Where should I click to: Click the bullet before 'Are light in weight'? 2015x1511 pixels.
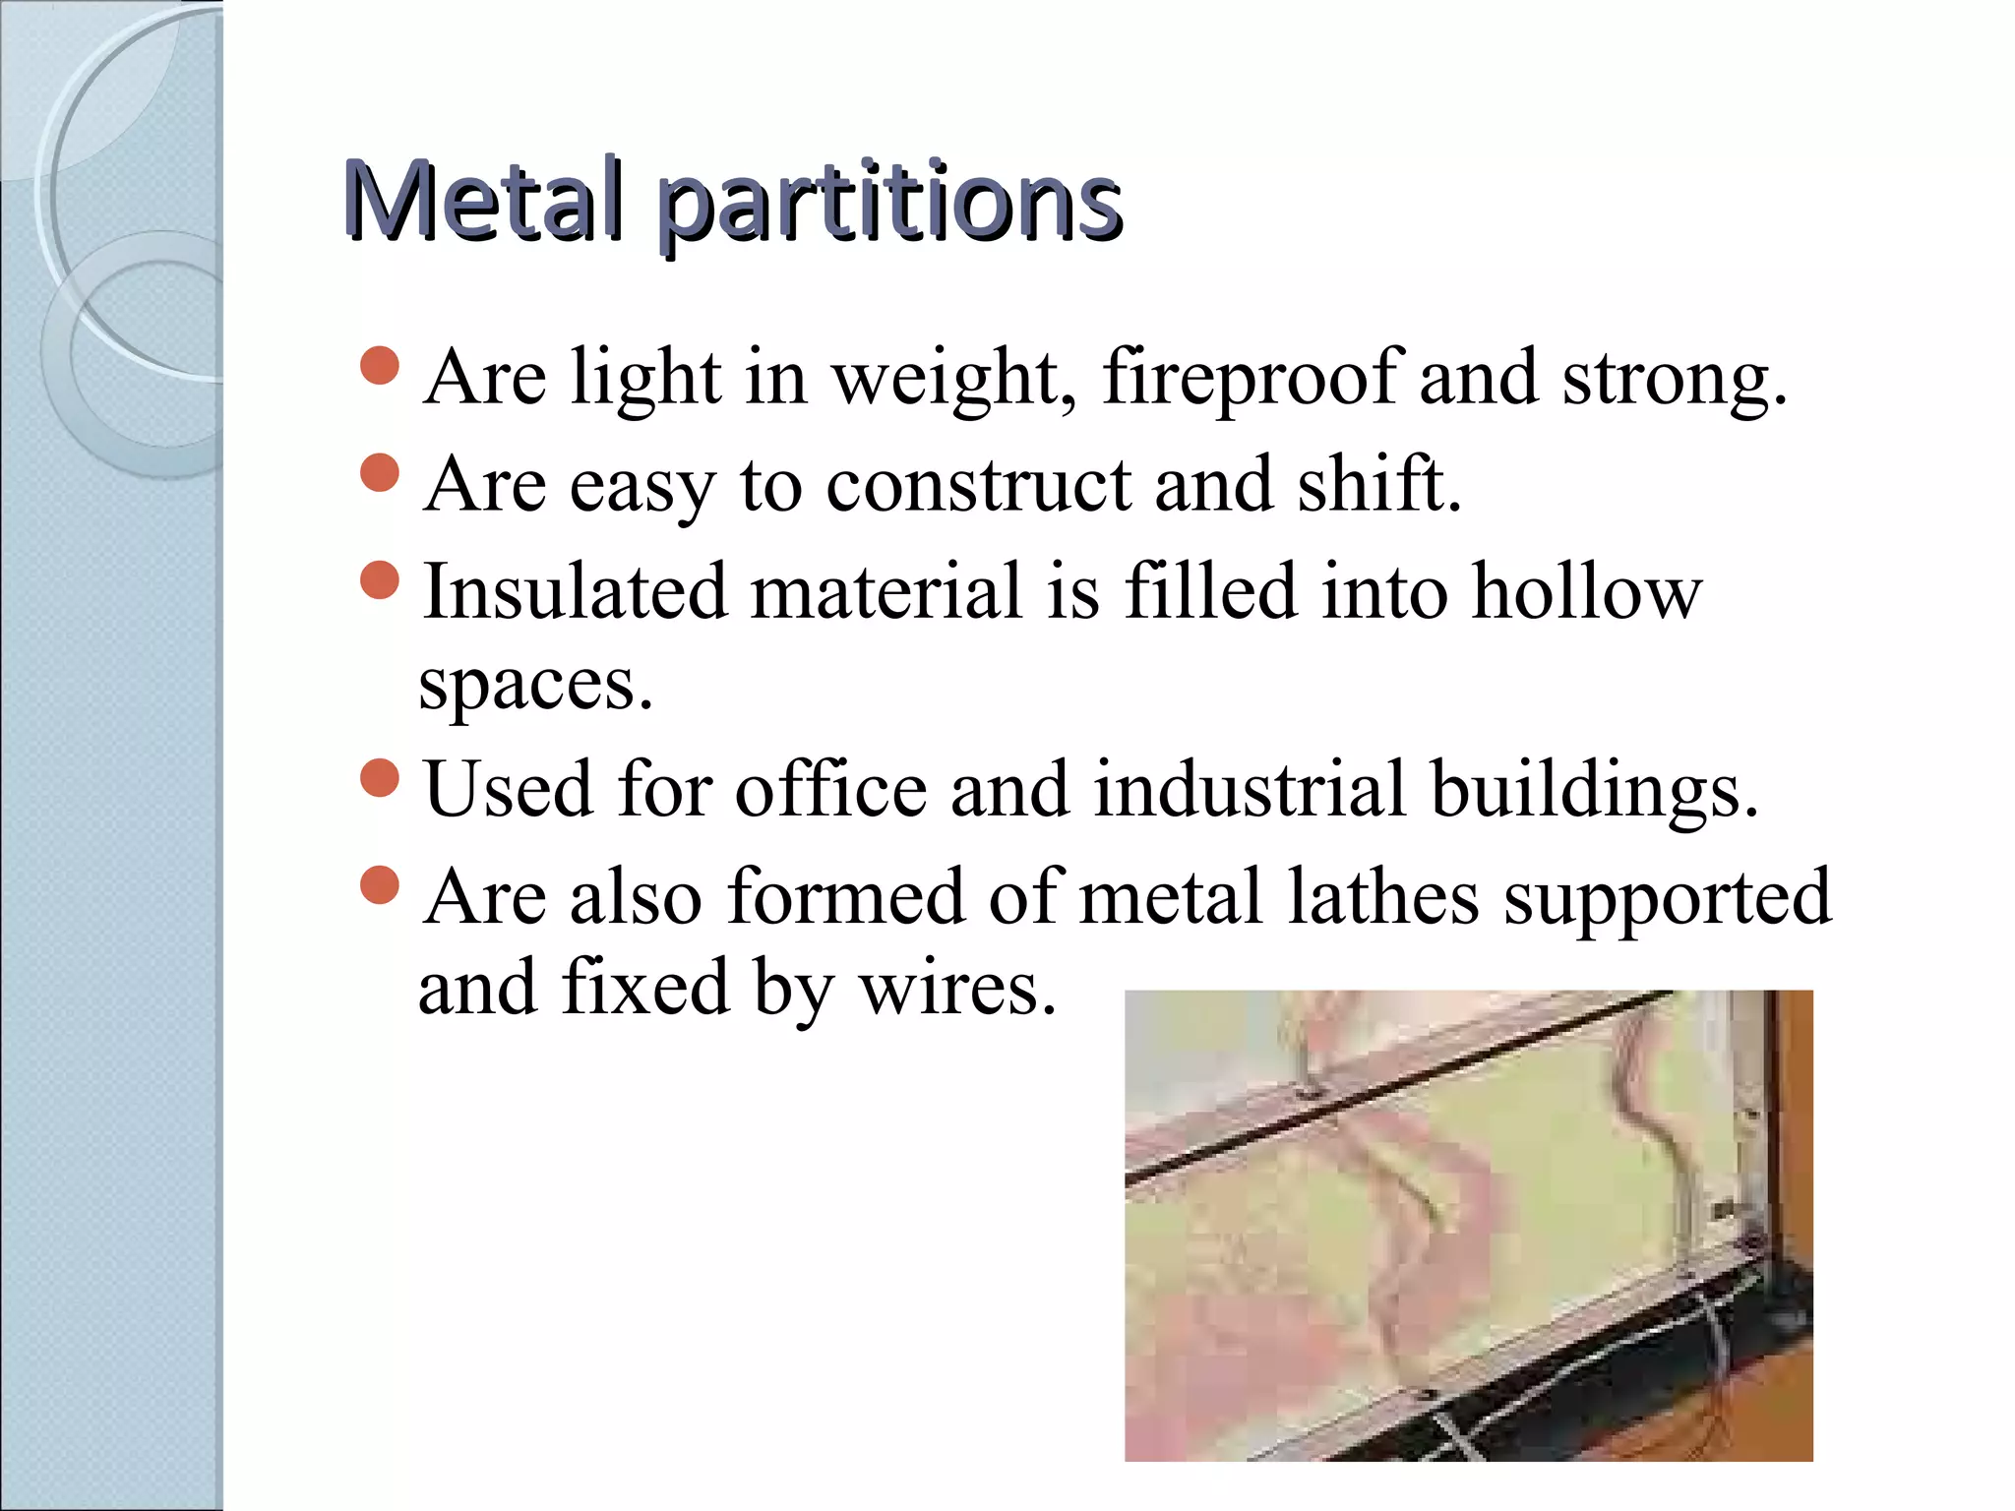(x=380, y=367)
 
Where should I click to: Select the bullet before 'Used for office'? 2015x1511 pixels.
(x=380, y=779)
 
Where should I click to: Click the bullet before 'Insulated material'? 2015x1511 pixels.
(x=380, y=580)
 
